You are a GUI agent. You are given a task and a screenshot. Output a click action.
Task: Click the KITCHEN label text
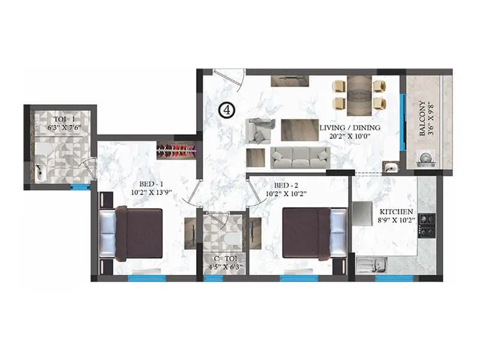(396, 212)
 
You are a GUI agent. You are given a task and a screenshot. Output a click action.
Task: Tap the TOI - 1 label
(59, 119)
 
